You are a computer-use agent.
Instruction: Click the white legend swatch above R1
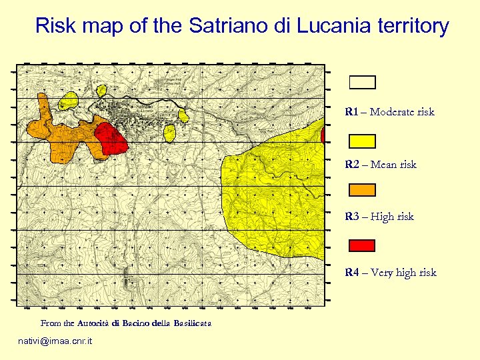coord(363,82)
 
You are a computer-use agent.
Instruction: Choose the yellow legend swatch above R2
coord(363,141)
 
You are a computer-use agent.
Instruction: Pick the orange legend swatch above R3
coord(363,190)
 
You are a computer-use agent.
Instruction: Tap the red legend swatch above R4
coord(363,245)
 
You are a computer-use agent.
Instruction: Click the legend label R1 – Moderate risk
coord(389,112)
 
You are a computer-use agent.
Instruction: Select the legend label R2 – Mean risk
coord(381,165)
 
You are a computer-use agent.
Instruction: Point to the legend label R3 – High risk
coord(379,217)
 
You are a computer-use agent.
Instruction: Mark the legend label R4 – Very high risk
coord(391,273)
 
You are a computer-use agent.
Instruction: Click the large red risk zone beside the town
coord(110,139)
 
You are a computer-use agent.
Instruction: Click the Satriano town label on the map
coord(145,107)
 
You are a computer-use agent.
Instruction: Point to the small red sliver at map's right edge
coord(323,136)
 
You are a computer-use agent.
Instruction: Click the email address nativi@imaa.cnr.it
coord(56,341)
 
